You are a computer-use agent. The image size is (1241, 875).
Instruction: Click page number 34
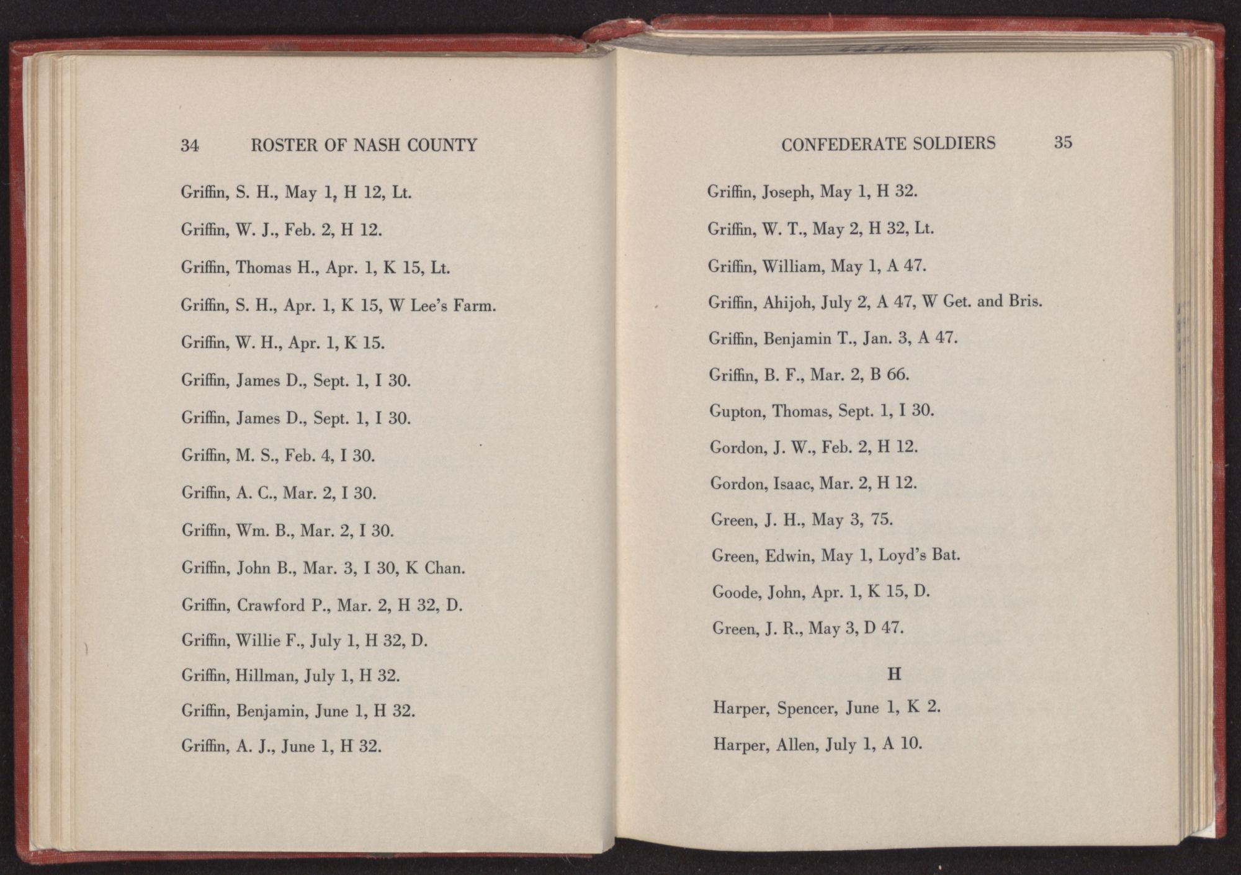pos(189,145)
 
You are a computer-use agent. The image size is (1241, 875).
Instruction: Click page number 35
pos(1063,142)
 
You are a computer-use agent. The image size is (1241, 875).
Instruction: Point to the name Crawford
pos(271,605)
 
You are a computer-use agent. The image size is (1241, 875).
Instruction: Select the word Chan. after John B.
pos(444,568)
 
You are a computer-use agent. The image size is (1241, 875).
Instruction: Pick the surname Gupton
pos(737,411)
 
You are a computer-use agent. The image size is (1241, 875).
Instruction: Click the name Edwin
pos(788,555)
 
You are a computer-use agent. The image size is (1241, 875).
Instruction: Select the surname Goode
pos(736,592)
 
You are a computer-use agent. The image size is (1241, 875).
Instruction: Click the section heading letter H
pos(894,674)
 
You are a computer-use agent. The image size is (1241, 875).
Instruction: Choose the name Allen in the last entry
pos(796,744)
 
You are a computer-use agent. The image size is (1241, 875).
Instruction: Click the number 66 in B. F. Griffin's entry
pos(897,375)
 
